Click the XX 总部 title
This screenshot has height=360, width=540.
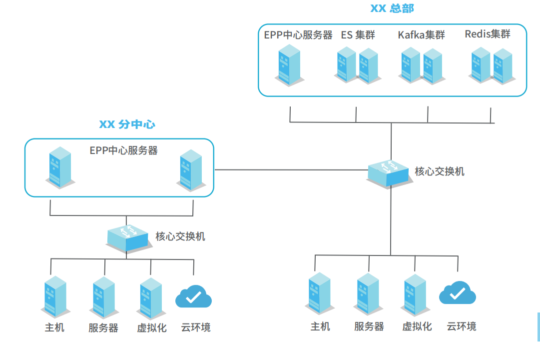click(x=392, y=8)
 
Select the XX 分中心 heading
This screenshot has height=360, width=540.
click(x=127, y=124)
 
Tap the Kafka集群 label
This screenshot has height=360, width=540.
click(x=421, y=35)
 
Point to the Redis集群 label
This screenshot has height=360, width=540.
click(x=488, y=34)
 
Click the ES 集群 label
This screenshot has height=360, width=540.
click(x=358, y=35)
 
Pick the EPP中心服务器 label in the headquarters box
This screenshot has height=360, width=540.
click(x=298, y=35)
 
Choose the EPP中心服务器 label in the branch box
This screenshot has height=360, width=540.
click(x=123, y=150)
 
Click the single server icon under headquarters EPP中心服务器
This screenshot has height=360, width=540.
click(x=289, y=65)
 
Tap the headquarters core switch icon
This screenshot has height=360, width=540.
click(x=391, y=173)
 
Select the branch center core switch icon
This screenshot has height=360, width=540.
click(x=128, y=238)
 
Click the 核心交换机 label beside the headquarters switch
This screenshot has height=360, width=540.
click(x=440, y=171)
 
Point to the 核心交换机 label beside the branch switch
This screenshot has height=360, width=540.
click(x=180, y=236)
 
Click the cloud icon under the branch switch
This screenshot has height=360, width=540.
click(x=193, y=297)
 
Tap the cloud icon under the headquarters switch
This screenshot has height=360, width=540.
click(x=457, y=293)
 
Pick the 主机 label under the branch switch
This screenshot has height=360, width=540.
click(x=54, y=327)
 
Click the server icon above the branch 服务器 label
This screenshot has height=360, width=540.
click(x=104, y=297)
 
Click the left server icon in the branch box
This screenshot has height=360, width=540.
click(x=60, y=167)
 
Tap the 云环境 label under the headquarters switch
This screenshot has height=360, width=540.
click(x=461, y=326)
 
